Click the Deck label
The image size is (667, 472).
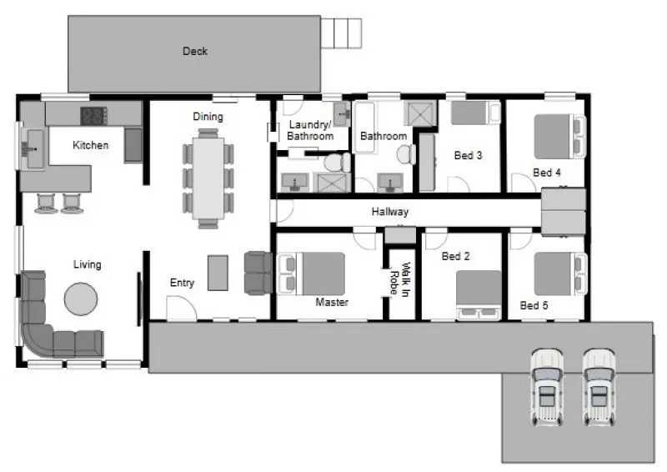(194, 52)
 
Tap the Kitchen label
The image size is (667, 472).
(90, 145)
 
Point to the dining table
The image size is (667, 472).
(208, 178)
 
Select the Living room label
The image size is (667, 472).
(87, 264)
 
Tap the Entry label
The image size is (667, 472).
(182, 284)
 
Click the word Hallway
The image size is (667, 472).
(389, 213)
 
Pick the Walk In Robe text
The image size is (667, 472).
(402, 280)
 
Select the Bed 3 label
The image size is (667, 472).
(468, 155)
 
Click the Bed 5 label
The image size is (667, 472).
(534, 306)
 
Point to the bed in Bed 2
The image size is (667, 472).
(479, 292)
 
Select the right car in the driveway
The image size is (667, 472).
(599, 386)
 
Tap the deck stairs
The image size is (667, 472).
(343, 31)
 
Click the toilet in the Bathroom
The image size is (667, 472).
(406, 154)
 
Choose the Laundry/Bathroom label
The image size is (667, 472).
(310, 130)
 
